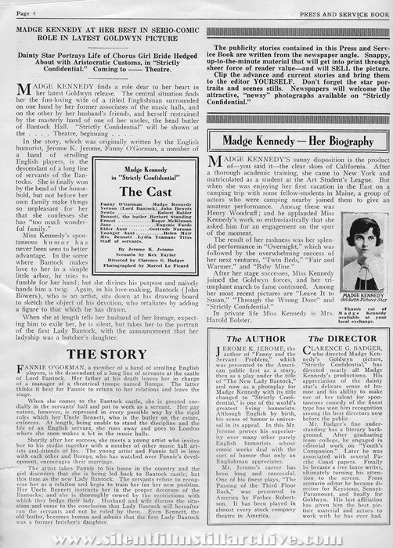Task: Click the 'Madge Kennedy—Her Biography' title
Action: (290, 142)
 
